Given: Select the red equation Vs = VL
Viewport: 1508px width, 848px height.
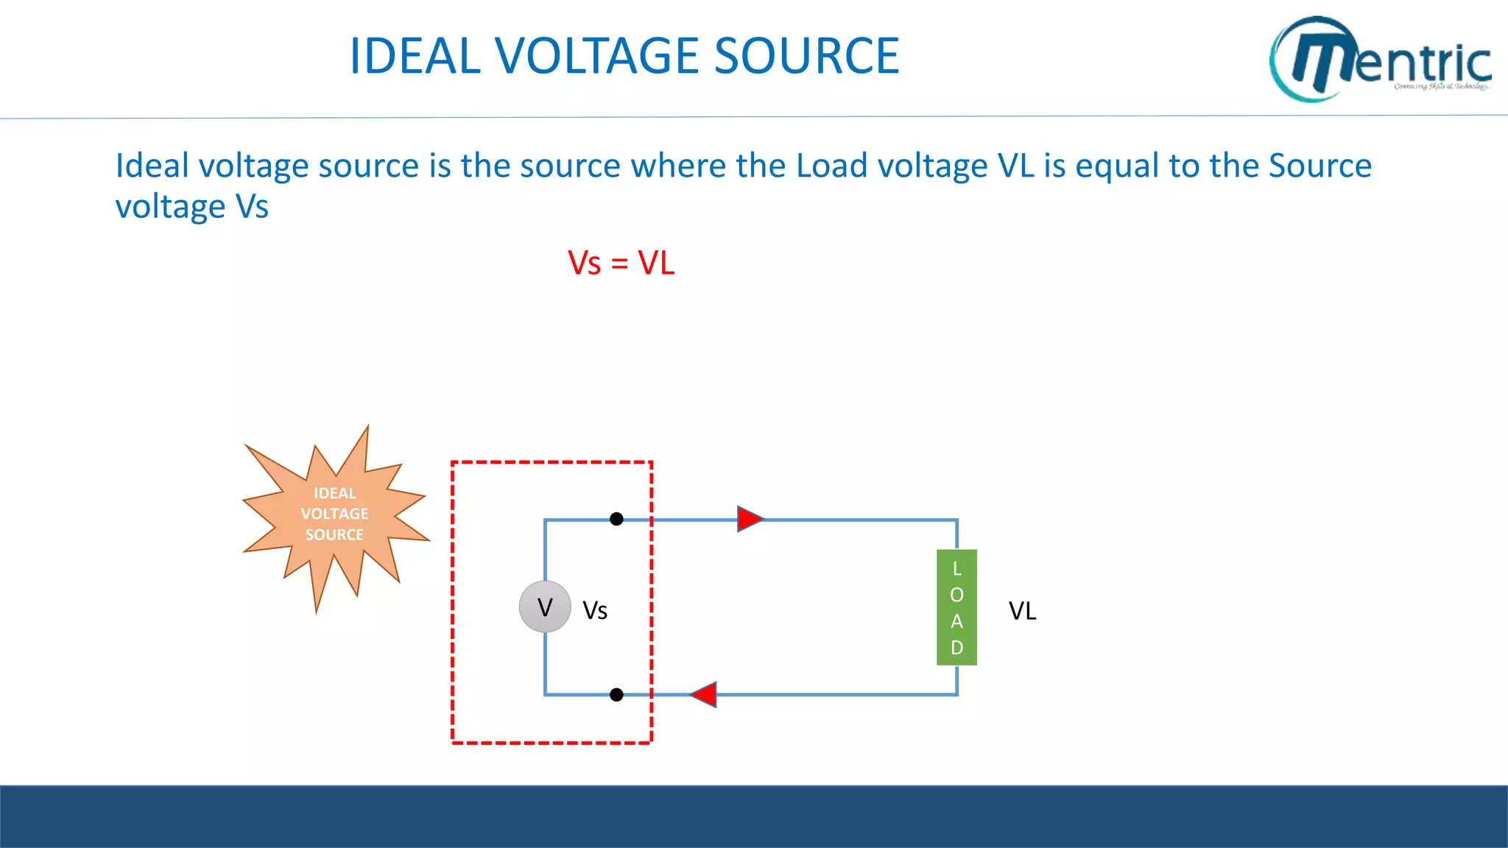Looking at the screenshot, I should [x=621, y=263].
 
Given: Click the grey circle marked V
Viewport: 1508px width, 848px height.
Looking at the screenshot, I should [x=545, y=607].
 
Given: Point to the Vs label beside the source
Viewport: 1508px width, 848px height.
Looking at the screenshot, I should [x=595, y=611].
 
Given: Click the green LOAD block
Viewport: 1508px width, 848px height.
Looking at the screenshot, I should [x=956, y=607].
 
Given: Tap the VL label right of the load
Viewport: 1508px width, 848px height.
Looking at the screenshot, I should [x=1022, y=611].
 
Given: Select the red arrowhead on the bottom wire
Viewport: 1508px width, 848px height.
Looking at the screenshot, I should [x=705, y=694].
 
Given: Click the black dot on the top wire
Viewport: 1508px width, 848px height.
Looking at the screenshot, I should [x=617, y=519].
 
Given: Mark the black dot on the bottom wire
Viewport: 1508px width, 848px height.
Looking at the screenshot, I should [x=617, y=694].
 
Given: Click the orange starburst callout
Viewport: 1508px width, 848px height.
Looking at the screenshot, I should [x=335, y=515].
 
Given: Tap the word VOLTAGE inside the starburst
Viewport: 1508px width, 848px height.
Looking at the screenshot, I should [x=335, y=514].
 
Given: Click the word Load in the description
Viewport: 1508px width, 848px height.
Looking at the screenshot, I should [x=831, y=166].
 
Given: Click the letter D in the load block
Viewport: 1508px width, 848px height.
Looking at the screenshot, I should [x=956, y=648].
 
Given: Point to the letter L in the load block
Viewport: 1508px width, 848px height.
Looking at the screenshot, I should [x=956, y=568].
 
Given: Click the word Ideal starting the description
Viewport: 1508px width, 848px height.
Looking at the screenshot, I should [x=152, y=166].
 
